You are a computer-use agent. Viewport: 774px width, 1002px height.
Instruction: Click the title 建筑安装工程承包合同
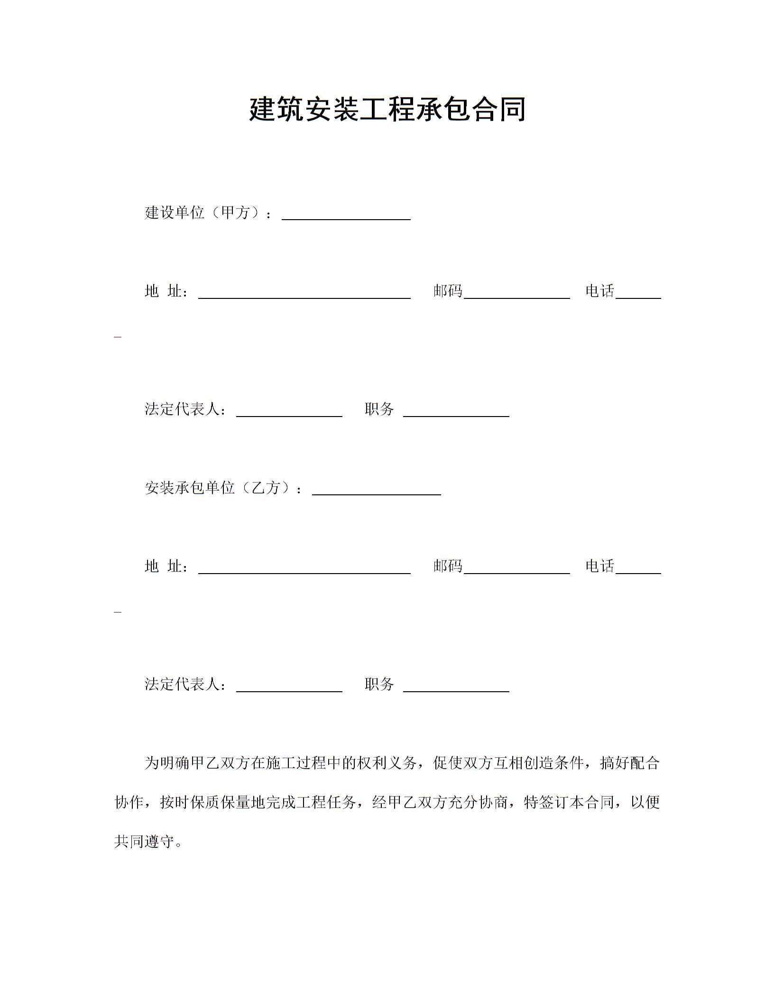(x=387, y=109)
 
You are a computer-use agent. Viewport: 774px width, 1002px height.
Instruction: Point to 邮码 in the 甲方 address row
(x=448, y=291)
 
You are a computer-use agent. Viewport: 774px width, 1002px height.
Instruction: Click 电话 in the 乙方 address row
(x=600, y=566)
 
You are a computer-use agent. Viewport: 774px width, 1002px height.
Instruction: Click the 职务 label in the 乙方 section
(x=379, y=684)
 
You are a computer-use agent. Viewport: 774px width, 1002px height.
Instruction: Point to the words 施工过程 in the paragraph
(x=296, y=763)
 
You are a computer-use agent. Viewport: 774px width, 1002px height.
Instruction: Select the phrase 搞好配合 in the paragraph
(x=630, y=763)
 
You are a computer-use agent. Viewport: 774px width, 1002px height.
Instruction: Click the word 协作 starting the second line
(x=129, y=802)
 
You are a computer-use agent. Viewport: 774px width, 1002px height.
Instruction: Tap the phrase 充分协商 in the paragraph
(x=478, y=802)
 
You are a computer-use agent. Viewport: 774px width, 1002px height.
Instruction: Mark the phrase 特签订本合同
(x=569, y=802)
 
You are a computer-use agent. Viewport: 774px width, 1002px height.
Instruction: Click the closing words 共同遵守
(x=144, y=842)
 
